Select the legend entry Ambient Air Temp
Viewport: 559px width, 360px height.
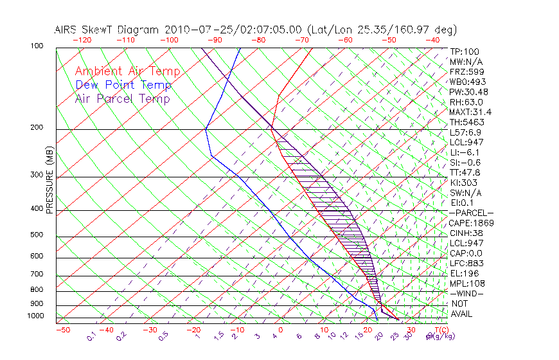[x=127, y=71]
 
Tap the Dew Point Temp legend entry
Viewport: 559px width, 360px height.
[x=123, y=85]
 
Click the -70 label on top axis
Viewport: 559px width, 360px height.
[x=301, y=40]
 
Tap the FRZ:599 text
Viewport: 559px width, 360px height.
[x=464, y=72]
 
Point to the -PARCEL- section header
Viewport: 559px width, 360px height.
[x=471, y=213]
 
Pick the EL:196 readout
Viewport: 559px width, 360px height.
[x=462, y=273]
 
